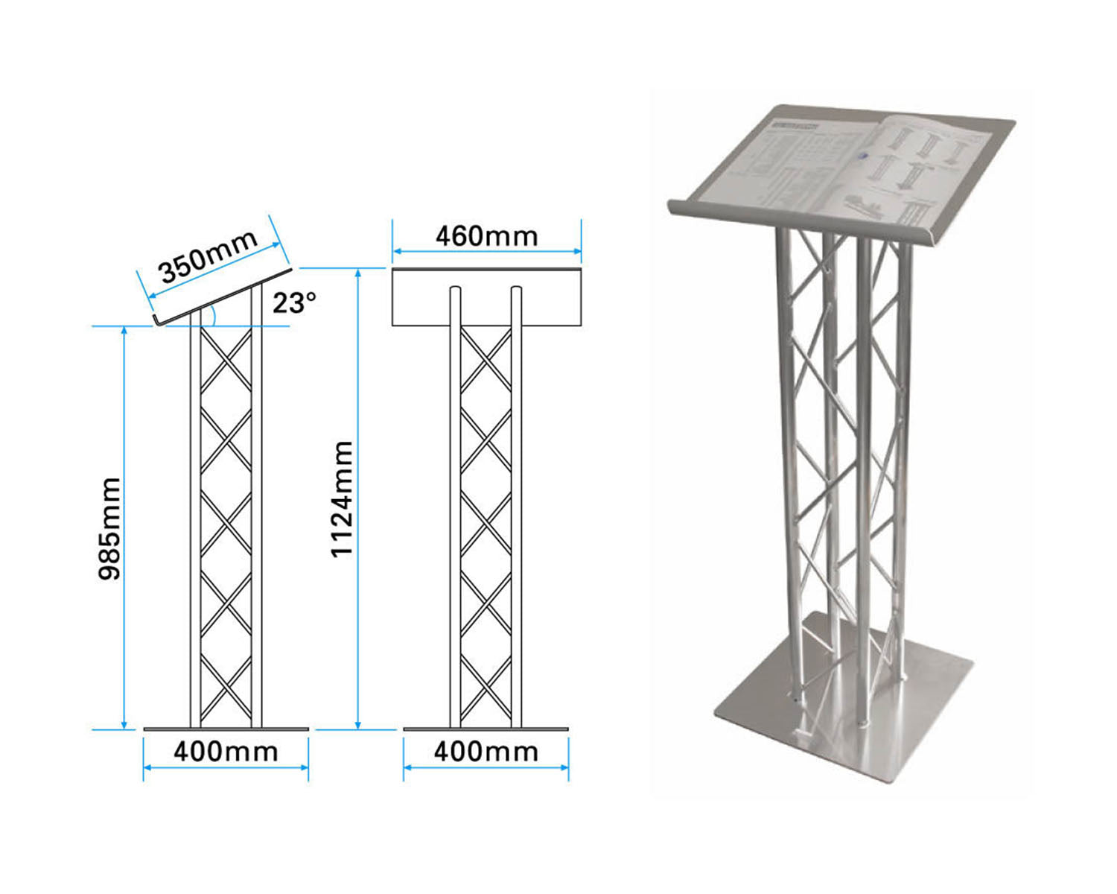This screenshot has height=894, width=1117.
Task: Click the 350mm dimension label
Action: tap(208, 256)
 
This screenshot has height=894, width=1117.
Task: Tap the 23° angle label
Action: tap(294, 303)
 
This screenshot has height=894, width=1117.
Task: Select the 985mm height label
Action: tap(109, 528)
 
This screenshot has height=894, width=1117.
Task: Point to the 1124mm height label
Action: tap(341, 498)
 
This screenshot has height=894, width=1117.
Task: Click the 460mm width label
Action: tap(486, 236)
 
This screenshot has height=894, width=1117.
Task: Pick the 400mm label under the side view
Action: tap(226, 752)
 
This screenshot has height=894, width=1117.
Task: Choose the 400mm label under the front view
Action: tap(486, 752)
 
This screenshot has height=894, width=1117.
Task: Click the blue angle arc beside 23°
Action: tap(214, 315)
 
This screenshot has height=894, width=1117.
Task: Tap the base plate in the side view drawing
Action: tap(226, 729)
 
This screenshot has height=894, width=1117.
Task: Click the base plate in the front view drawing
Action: tap(486, 729)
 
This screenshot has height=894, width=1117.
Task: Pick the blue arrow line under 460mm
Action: tap(486, 252)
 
